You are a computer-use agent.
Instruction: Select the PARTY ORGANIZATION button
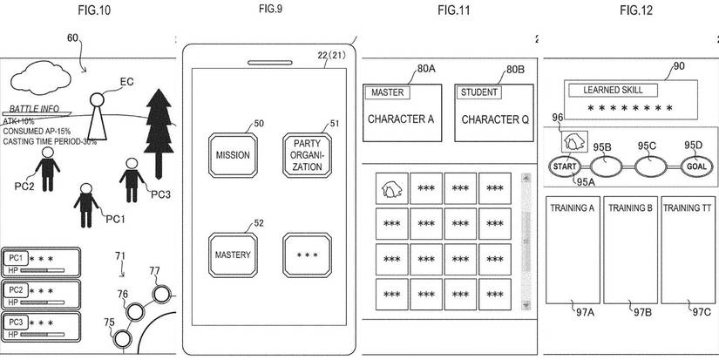click(x=307, y=155)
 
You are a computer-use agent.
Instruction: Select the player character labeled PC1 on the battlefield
click(x=85, y=201)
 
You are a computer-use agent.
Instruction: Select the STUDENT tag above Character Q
click(x=478, y=92)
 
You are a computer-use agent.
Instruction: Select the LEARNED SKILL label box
click(x=620, y=89)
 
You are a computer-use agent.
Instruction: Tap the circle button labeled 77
click(x=160, y=293)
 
